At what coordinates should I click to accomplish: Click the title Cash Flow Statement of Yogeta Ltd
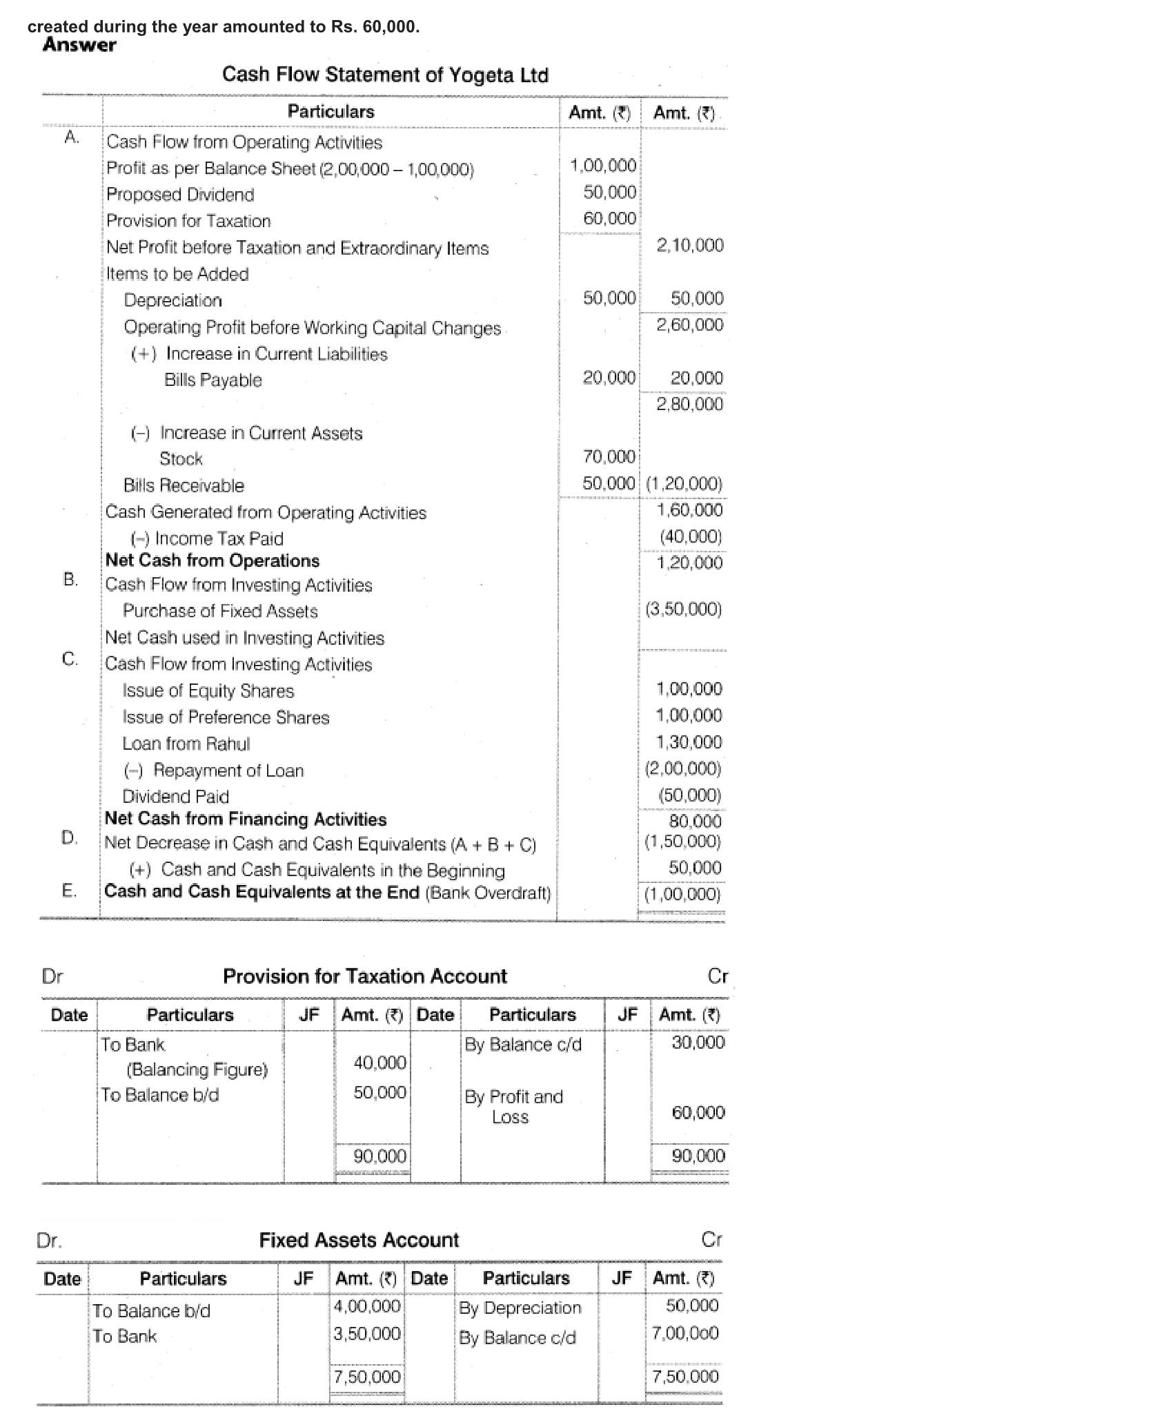click(x=385, y=75)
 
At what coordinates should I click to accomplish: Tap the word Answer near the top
click(x=79, y=45)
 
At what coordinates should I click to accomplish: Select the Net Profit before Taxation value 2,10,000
click(x=689, y=245)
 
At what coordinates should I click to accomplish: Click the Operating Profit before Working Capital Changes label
click(x=312, y=327)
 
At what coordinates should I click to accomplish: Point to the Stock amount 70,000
click(x=609, y=456)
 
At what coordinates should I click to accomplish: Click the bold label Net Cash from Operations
click(x=213, y=561)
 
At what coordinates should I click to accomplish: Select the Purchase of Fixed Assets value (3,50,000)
click(x=683, y=610)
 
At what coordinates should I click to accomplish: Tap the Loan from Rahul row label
click(x=186, y=744)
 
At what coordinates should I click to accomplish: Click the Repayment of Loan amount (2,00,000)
click(x=683, y=768)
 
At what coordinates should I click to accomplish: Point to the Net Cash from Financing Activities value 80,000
click(x=695, y=821)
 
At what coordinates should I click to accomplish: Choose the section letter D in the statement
click(x=69, y=837)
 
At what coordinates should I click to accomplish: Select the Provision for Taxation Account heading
click(x=364, y=976)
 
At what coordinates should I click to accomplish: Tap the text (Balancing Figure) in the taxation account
click(x=197, y=1069)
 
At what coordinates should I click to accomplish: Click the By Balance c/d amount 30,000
click(x=698, y=1042)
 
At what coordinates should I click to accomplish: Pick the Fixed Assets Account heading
click(x=359, y=1240)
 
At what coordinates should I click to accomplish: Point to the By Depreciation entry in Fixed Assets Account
click(x=520, y=1308)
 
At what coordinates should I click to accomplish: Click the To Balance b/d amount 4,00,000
click(x=366, y=1306)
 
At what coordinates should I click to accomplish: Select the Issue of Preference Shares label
click(x=226, y=717)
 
